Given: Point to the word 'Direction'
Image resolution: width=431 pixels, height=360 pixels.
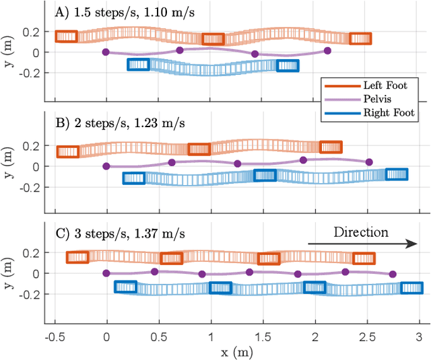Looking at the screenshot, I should [361, 232].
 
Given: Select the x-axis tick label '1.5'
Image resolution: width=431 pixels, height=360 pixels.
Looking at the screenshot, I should [263, 335].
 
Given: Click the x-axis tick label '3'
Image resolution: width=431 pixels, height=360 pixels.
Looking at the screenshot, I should [419, 335].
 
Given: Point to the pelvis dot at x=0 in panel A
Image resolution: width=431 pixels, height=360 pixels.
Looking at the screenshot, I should [106, 52].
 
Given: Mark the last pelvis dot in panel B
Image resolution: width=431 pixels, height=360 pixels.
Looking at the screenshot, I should [369, 162].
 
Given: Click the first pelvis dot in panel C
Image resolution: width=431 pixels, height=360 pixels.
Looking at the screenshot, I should [106, 273].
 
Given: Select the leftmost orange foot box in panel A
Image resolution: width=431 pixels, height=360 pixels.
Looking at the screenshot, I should [67, 37].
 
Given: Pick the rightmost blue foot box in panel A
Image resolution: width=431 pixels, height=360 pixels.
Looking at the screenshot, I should [288, 65].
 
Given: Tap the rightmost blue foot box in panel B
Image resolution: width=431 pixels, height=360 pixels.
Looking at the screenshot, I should [397, 174].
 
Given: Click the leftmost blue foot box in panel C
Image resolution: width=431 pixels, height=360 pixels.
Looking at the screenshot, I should [125, 287].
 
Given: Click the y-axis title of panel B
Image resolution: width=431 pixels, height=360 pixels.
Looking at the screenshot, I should [9, 166].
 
